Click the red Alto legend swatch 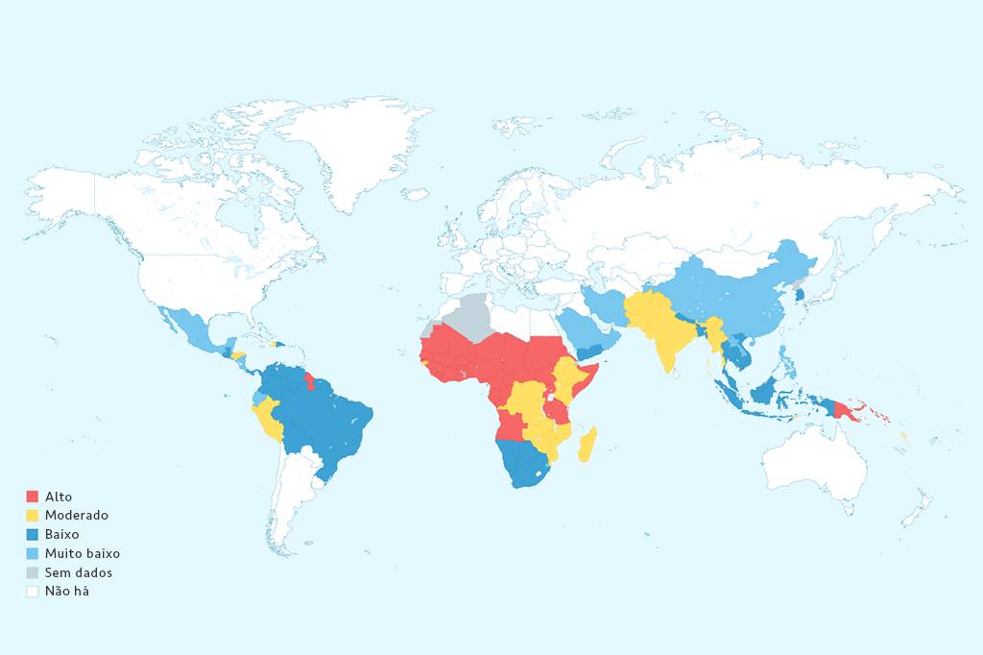tap(32, 497)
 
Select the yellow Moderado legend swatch tap(32, 516)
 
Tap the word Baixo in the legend tap(62, 534)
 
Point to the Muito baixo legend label tap(83, 553)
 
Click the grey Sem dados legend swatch tap(32, 572)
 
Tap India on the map tap(667, 336)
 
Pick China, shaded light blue tap(739, 288)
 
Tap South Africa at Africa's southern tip tap(523, 471)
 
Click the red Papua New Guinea tap(846, 411)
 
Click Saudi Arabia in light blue tap(581, 331)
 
